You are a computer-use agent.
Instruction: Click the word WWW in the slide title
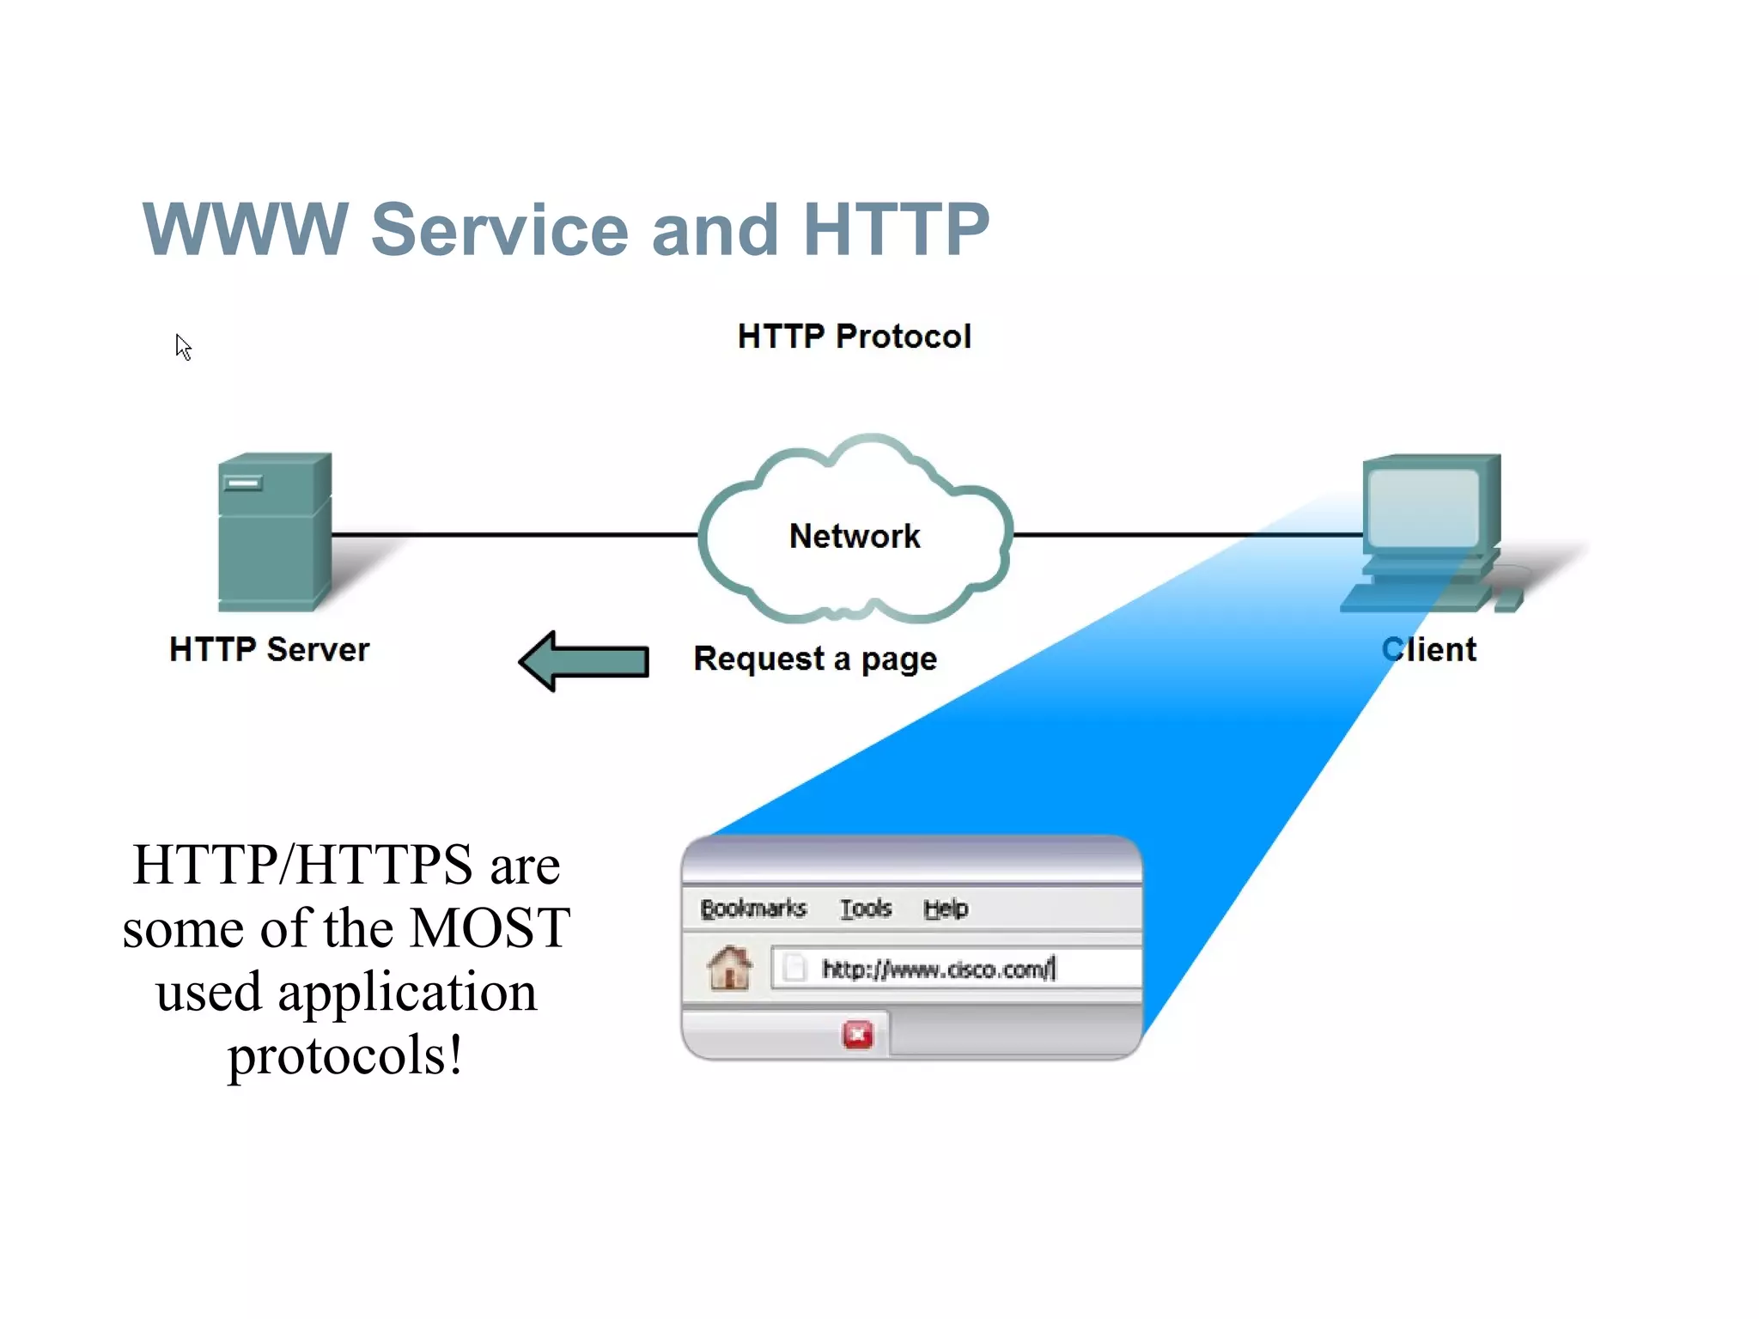245,229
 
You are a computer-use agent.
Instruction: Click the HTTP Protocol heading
854,337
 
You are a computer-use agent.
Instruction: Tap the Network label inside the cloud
854,536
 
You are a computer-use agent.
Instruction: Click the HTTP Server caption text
269,649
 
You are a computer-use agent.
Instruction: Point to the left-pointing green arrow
584,661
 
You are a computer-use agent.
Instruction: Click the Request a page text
814,659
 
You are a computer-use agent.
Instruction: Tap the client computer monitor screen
1423,507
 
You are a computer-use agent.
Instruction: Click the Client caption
1428,649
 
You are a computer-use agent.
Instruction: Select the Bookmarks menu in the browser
753,909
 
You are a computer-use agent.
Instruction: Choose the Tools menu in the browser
865,909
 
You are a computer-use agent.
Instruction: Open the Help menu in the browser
946,909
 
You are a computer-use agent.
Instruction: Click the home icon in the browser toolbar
729,968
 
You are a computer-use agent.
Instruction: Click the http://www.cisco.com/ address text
937,969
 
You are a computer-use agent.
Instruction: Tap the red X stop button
857,1035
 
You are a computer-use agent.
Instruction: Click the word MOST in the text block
490,928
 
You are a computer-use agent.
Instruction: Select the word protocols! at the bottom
345,1055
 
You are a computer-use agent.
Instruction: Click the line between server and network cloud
515,534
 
